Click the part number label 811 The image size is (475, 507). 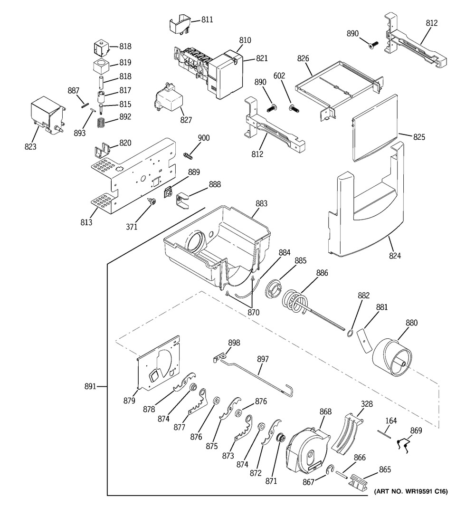tap(207, 20)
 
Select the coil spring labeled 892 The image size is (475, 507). tap(102, 122)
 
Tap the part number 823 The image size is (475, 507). tap(30, 147)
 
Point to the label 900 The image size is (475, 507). tap(204, 138)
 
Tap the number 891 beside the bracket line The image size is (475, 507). tap(90, 386)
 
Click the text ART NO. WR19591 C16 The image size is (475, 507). tap(411, 491)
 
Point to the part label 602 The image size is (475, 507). tap(279, 76)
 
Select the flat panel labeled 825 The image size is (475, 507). tap(374, 128)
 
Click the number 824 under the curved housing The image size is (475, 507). tap(395, 256)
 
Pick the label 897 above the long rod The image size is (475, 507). tap(263, 359)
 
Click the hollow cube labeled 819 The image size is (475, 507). tap(101, 66)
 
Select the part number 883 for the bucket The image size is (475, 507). tap(261, 203)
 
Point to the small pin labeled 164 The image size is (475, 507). tap(384, 434)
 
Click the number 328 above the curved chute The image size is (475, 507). tap(367, 404)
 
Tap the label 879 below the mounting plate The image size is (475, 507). tap(129, 401)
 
